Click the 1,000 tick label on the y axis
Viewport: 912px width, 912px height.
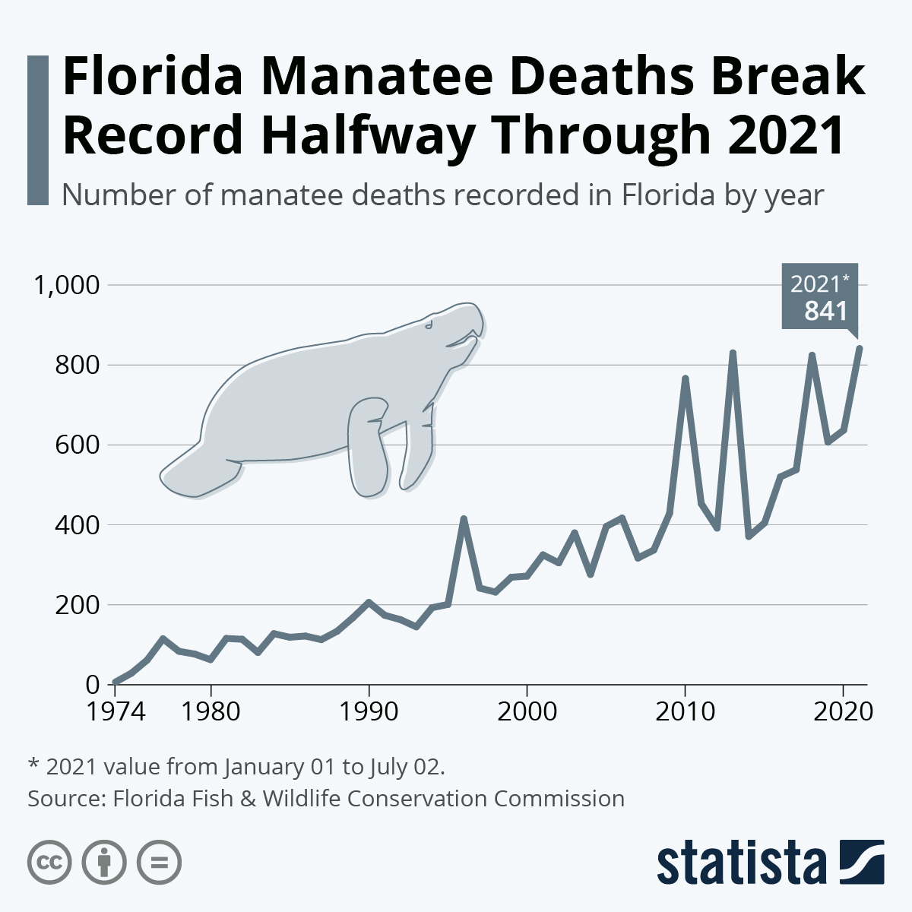65,286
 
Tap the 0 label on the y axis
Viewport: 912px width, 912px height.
93,685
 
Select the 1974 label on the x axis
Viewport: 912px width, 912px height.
115,712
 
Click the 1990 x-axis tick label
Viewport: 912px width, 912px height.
369,712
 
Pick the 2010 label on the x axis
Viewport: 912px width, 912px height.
685,712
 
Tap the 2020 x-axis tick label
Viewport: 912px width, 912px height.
842,712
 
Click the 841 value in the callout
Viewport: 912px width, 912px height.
825,310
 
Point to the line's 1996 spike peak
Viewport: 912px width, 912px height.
464,519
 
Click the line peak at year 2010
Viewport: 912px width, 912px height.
685,378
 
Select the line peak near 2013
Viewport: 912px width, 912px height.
733,353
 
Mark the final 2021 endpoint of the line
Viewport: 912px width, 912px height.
859,348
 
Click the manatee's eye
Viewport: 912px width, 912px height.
429,325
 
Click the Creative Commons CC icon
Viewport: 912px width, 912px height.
50,863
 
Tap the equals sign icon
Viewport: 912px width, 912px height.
159,863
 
